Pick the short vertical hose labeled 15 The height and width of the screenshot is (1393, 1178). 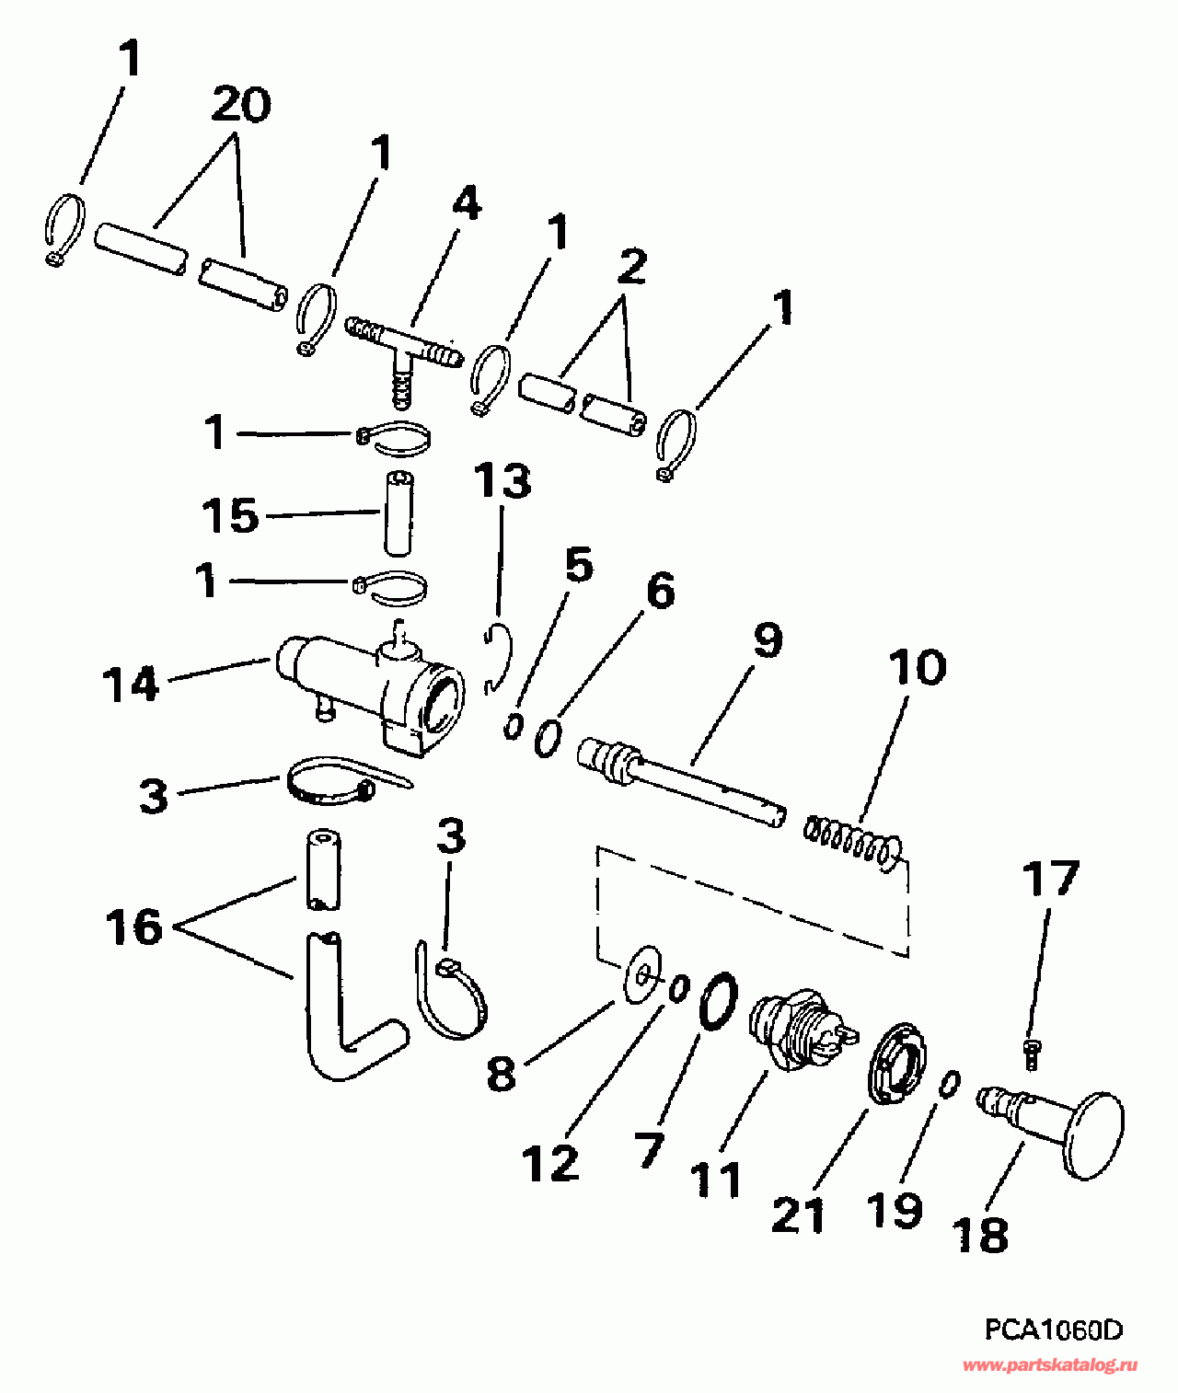[x=398, y=512]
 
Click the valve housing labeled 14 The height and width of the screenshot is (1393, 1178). [x=368, y=685]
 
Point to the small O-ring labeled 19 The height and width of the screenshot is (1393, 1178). [x=950, y=1084]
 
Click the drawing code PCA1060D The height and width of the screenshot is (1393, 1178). [x=1053, y=1330]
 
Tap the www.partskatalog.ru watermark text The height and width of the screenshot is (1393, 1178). [x=1049, y=1366]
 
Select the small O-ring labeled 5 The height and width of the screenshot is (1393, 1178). [x=513, y=726]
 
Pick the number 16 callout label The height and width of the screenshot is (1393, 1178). [x=134, y=927]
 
